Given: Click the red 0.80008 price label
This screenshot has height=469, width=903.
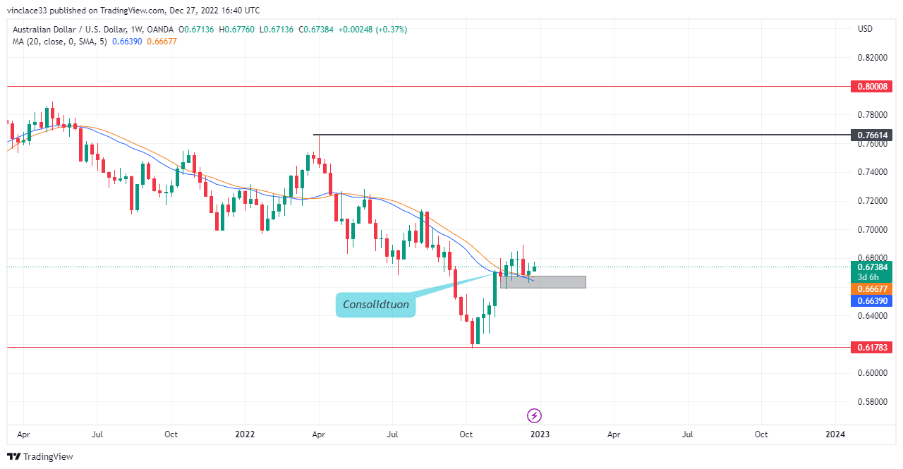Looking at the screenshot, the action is [x=871, y=86].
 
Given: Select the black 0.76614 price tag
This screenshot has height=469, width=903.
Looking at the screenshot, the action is [x=871, y=135].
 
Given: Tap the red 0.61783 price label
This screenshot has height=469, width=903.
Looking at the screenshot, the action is [x=871, y=347].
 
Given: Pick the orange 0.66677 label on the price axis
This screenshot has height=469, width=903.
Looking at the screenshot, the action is [x=871, y=289].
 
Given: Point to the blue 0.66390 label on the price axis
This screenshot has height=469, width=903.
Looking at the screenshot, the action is [x=871, y=301].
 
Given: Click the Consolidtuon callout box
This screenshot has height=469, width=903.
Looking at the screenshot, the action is [x=376, y=305].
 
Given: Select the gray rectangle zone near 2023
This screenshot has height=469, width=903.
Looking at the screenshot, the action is [x=543, y=282].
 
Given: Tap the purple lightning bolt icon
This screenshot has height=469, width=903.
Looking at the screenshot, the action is [x=534, y=415].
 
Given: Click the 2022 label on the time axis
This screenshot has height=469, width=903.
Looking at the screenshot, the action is [x=245, y=434].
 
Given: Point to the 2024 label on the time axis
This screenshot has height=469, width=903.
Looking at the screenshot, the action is [x=835, y=434].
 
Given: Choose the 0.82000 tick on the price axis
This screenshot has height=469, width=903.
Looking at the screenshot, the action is [x=873, y=58].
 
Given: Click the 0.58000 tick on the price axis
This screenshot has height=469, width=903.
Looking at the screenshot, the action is [x=873, y=402].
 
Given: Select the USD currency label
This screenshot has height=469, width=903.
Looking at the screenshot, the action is [x=865, y=29].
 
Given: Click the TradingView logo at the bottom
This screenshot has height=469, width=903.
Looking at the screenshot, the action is [x=40, y=456].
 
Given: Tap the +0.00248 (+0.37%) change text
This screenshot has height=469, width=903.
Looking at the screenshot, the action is [x=372, y=30].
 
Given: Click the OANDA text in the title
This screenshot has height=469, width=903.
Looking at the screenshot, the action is [x=160, y=30].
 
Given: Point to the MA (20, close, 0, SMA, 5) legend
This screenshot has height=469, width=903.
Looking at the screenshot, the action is [x=60, y=42].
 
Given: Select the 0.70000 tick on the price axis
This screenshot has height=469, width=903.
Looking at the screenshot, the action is [x=873, y=230].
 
